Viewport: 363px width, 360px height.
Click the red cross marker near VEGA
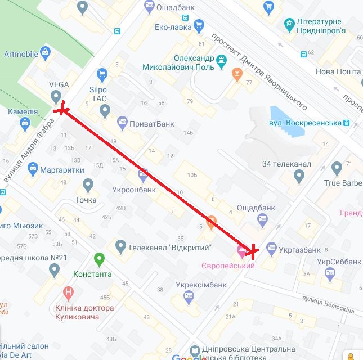tap(61, 109)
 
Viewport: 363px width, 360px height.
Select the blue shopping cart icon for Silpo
tap(102, 74)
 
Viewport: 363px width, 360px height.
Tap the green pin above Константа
tap(99, 259)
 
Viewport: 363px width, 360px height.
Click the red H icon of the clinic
tap(68, 292)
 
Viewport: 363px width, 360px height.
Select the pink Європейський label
tap(228, 265)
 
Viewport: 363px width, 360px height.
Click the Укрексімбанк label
tap(201, 285)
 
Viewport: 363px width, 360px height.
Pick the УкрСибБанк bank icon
tap(330, 274)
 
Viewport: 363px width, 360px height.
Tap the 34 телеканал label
tap(286, 164)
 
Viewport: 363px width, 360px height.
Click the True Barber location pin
tap(337, 168)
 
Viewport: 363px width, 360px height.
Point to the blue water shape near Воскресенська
tap(286, 121)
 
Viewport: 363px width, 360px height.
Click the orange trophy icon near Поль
tap(237, 73)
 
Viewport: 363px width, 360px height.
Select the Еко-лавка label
tap(173, 26)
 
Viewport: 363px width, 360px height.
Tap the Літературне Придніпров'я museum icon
tap(289, 24)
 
